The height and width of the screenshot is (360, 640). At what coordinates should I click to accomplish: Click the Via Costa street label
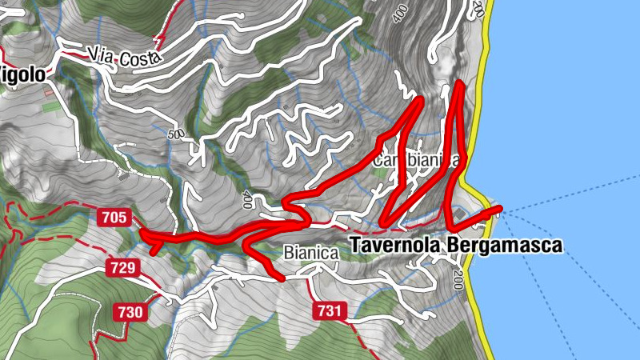[126, 57]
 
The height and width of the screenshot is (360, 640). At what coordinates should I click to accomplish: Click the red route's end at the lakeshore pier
[499, 210]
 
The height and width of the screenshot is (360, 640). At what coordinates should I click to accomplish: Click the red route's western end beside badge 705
[142, 232]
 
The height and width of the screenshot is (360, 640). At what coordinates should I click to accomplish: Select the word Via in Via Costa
[100, 54]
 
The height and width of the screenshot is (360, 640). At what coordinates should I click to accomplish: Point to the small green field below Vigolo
[50, 106]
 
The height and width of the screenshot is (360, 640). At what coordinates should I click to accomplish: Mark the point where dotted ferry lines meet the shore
[503, 211]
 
